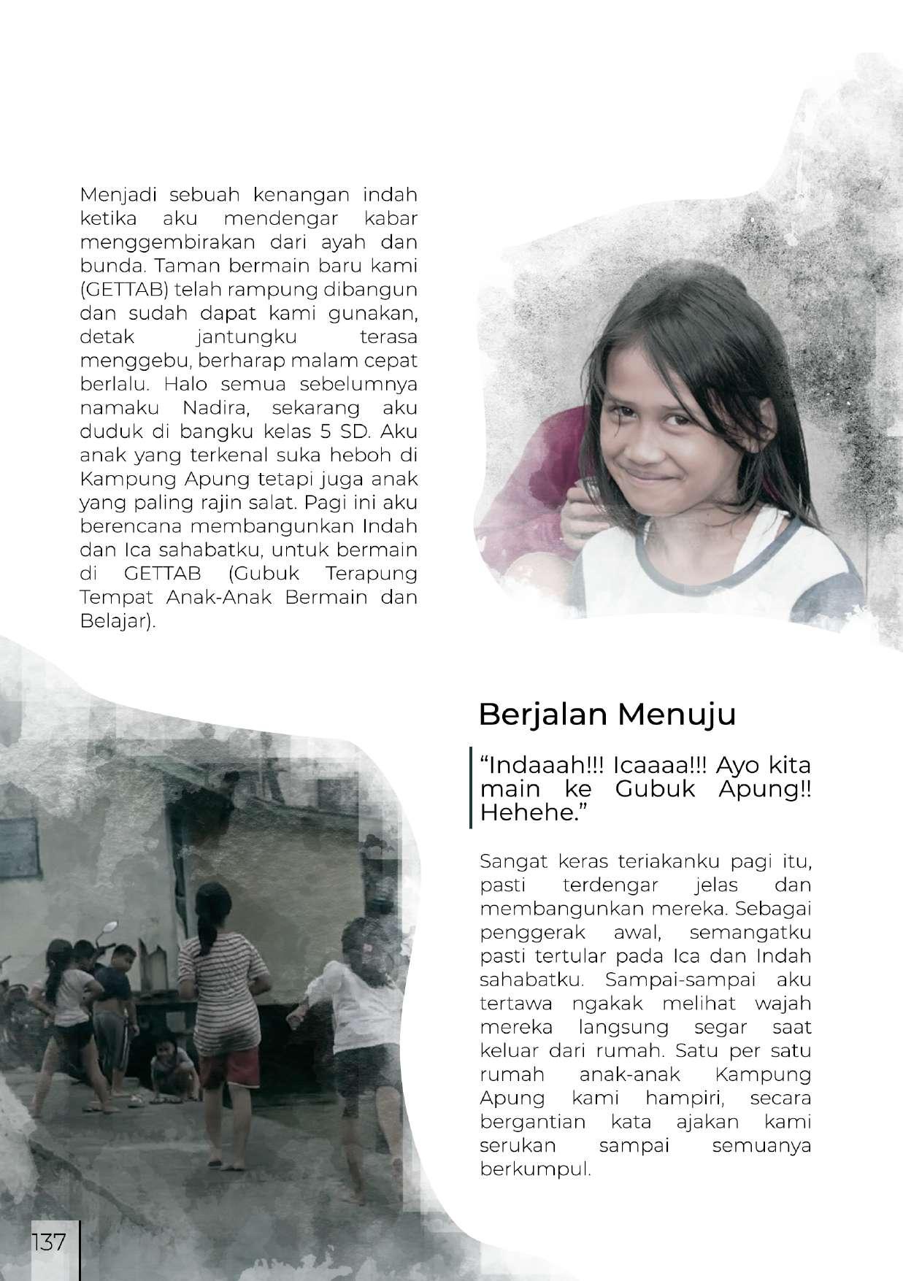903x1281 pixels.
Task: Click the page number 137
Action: coord(48,1242)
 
